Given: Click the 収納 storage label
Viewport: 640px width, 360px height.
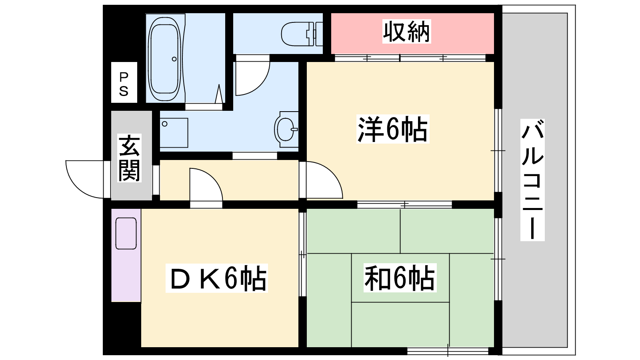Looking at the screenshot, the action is coord(406,32).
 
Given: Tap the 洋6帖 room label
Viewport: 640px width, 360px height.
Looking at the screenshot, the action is coord(393,129).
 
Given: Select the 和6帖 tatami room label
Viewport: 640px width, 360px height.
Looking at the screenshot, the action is coord(400,278).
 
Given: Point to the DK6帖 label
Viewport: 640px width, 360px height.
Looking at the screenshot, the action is coord(216,278).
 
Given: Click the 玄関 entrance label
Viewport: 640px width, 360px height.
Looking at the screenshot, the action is coord(130,158).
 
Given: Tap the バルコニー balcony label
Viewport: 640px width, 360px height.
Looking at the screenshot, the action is coord(532,180).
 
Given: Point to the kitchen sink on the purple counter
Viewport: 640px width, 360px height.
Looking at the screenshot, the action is coord(126,234).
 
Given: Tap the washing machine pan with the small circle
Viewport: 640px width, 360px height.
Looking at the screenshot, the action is coord(174,132).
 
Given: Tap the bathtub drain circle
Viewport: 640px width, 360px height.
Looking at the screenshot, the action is coord(174,59).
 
